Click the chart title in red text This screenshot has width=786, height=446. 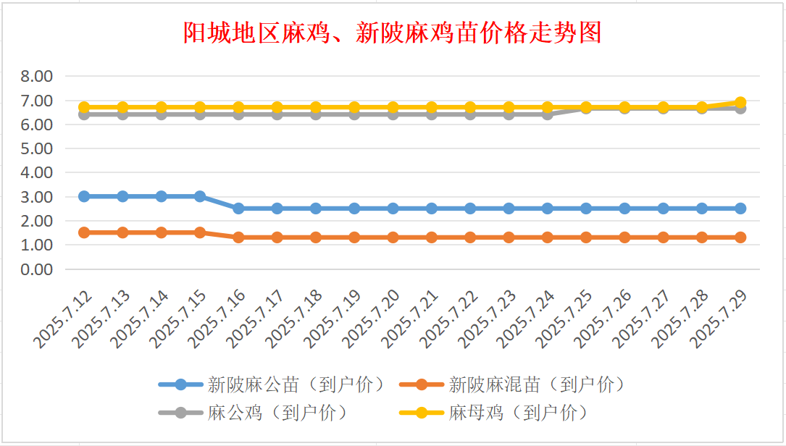392,33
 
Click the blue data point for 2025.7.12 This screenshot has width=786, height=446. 84,196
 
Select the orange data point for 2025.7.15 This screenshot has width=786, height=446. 200,232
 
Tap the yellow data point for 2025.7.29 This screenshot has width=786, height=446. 740,102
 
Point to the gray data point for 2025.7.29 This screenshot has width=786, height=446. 740,109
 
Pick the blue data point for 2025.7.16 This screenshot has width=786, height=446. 238,209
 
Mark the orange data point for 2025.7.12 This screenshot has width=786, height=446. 84,232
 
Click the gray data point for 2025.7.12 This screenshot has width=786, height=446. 84,114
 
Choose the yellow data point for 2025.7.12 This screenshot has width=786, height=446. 84,106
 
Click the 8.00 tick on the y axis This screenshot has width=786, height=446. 37,76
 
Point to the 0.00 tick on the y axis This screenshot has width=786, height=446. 37,269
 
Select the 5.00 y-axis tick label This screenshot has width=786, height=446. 37,148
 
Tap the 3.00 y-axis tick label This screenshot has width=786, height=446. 37,197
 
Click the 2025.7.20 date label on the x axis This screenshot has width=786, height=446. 370,318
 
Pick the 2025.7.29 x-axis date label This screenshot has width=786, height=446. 718,318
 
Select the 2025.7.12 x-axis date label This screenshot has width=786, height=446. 62,318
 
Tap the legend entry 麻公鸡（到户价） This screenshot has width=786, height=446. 254,413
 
